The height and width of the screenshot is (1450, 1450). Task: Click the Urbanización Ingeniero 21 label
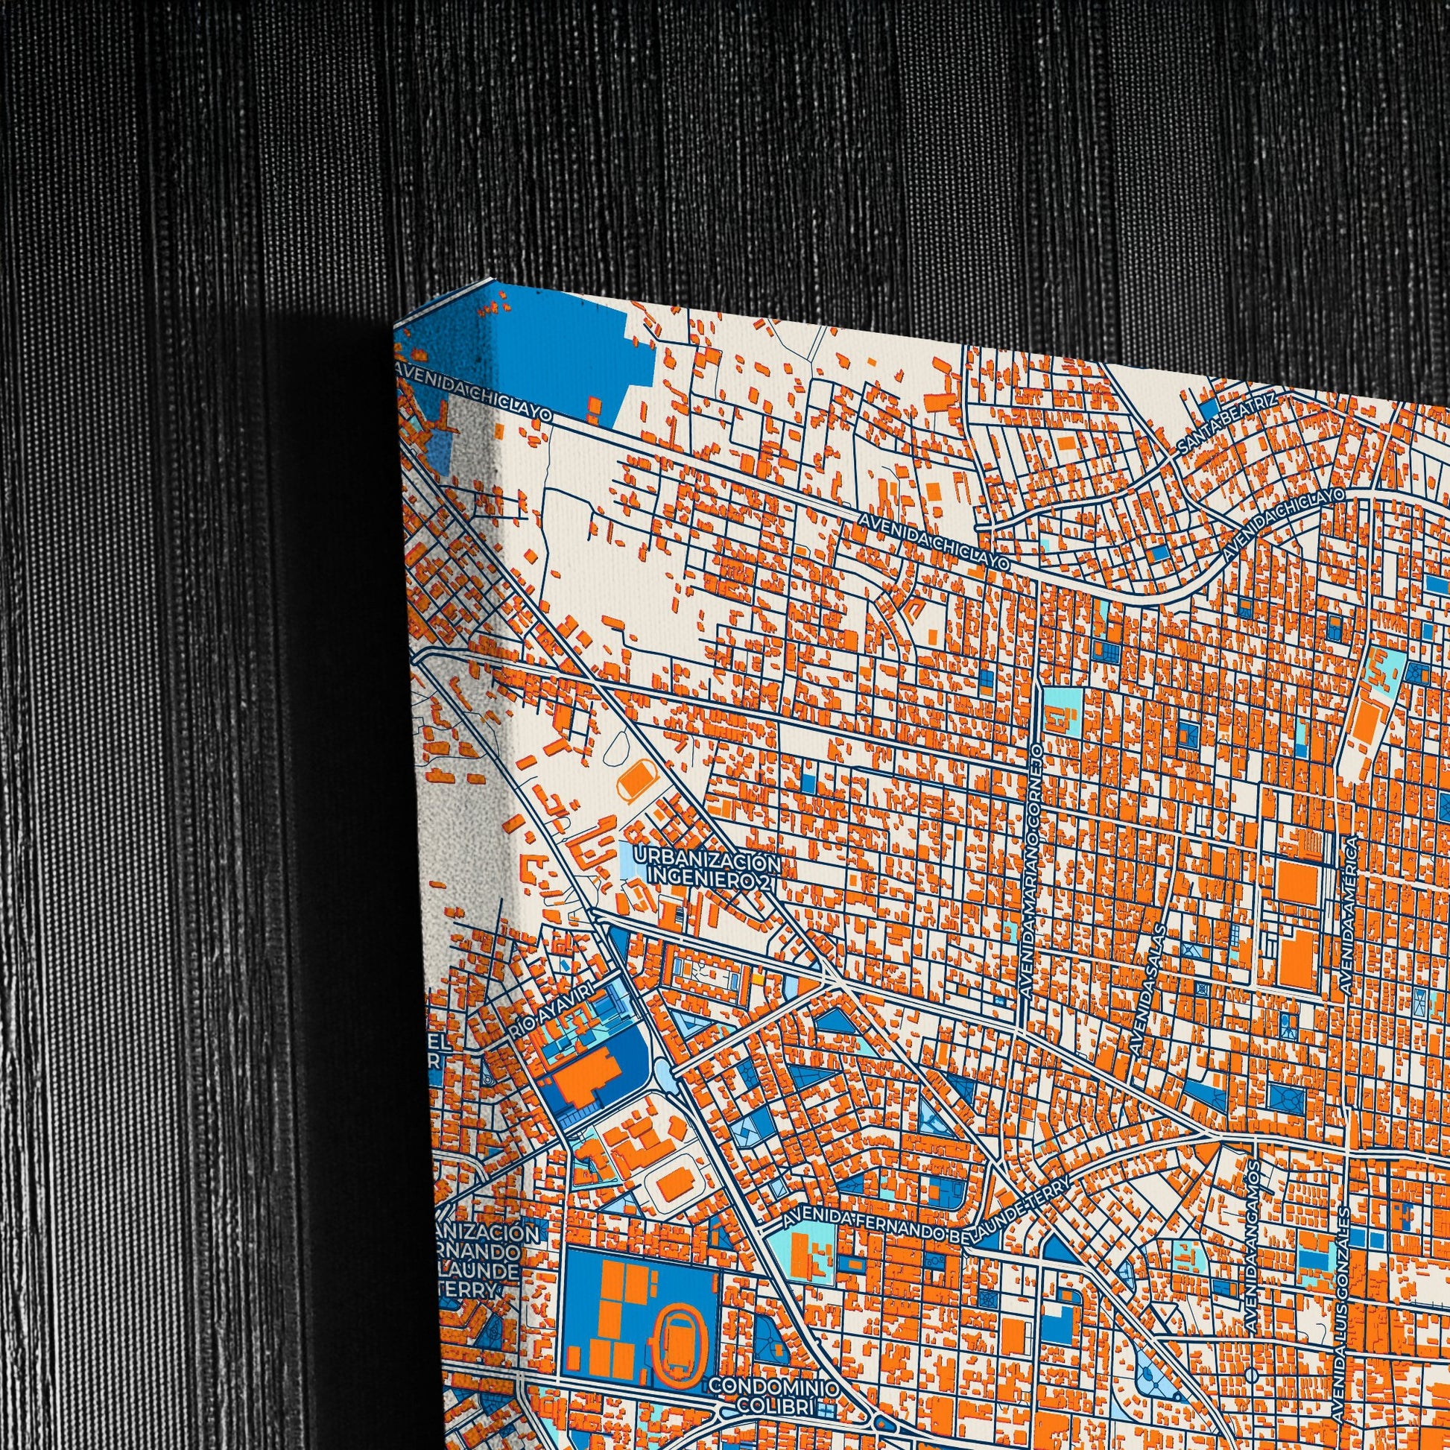tap(706, 867)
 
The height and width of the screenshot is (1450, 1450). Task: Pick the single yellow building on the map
tap(759, 978)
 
